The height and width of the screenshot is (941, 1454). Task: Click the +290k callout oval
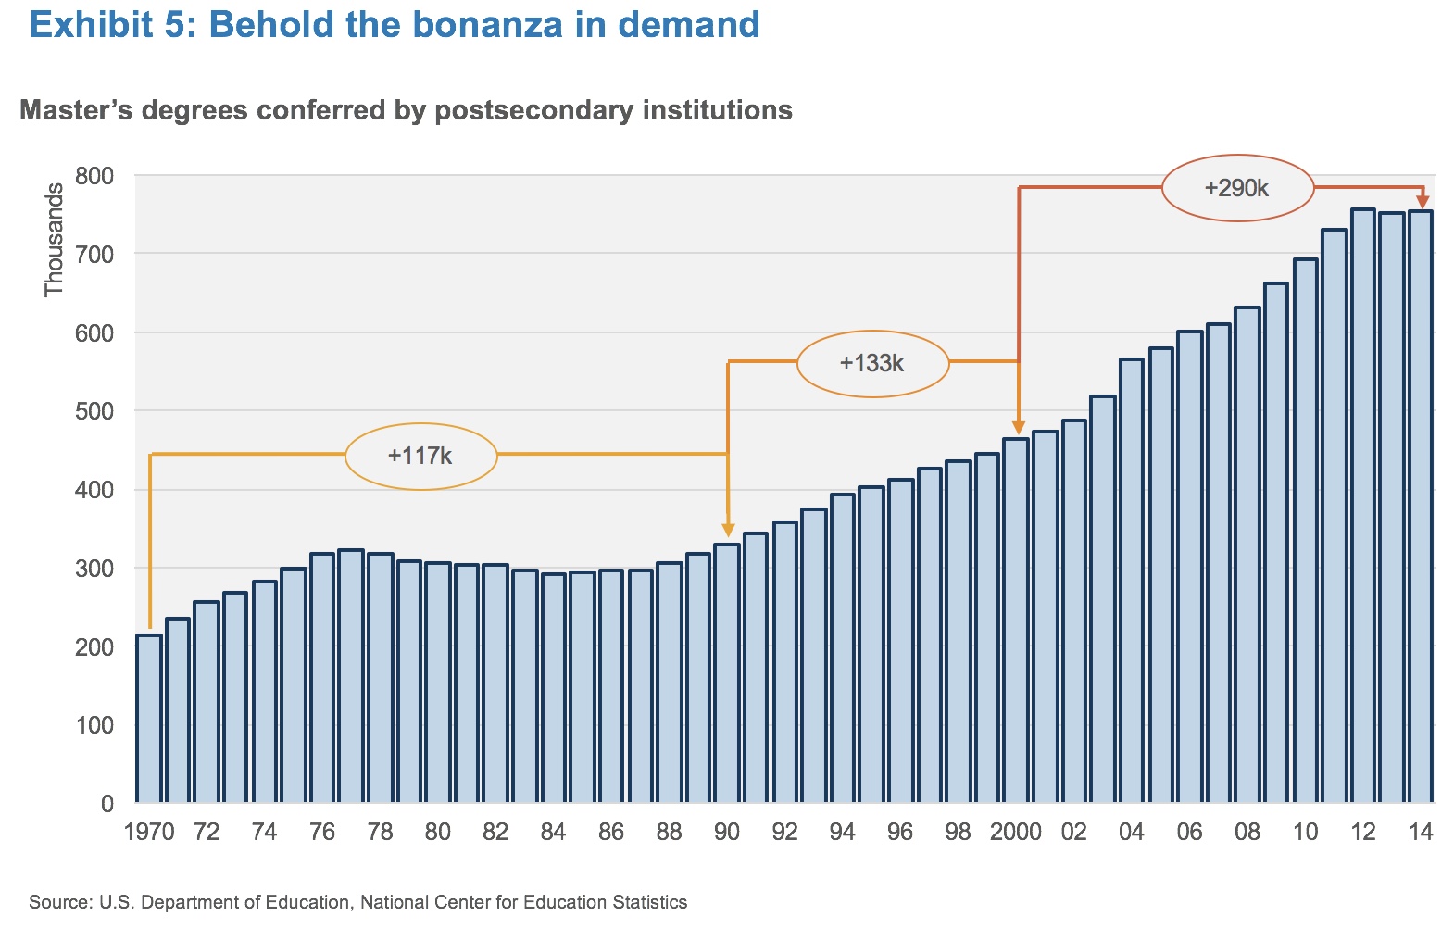click(x=1237, y=156)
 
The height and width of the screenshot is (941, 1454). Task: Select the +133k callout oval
click(x=872, y=332)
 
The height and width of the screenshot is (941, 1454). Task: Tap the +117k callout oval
click(x=420, y=424)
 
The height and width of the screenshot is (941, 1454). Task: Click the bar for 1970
click(x=149, y=719)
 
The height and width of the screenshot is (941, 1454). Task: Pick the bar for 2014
click(x=1421, y=507)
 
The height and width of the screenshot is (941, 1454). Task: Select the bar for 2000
click(x=1016, y=621)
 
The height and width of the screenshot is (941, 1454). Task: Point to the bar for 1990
click(x=727, y=673)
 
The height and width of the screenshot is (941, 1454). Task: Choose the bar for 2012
click(x=1363, y=506)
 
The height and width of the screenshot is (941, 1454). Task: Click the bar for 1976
click(x=322, y=678)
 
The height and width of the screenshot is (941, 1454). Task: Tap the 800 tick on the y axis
click(x=94, y=176)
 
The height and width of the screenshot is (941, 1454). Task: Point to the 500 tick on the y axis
click(x=94, y=411)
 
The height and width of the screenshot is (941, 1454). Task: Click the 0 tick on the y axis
click(x=107, y=804)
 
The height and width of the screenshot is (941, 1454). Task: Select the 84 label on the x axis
click(x=553, y=832)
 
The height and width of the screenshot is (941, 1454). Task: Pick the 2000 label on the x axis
click(x=1016, y=832)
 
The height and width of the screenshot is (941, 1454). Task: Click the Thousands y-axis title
click(x=54, y=240)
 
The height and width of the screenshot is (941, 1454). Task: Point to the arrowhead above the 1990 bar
click(x=728, y=530)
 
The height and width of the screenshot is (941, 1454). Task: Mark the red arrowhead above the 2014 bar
click(x=1422, y=201)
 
